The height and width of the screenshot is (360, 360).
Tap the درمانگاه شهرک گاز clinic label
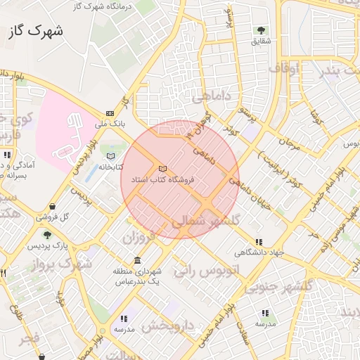point(103,6)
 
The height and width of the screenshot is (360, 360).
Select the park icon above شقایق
point(261,31)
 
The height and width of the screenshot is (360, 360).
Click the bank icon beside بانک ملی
point(110,113)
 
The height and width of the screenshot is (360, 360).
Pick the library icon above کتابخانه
point(110,155)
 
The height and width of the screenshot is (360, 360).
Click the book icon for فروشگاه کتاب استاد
point(163,169)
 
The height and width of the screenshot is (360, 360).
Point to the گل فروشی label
point(75,217)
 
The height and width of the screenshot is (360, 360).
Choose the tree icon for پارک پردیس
point(47,236)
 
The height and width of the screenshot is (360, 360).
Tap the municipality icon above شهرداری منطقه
point(136,260)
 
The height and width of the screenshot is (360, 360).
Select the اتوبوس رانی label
point(214,271)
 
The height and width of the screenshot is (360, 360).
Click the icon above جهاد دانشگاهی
point(259,242)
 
